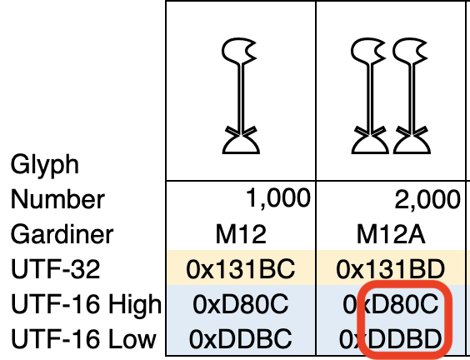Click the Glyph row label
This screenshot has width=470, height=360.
(x=45, y=164)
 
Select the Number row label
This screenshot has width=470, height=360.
(x=57, y=199)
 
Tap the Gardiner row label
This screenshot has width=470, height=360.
(x=62, y=234)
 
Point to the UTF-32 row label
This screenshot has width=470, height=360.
(x=56, y=269)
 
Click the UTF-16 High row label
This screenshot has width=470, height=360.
(x=87, y=304)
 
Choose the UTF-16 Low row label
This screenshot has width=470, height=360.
(x=83, y=339)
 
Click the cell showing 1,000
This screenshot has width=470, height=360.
(x=277, y=198)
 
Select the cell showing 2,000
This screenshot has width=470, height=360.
(x=427, y=199)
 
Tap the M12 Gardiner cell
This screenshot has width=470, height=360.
(x=241, y=234)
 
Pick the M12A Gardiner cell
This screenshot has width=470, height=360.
(x=391, y=234)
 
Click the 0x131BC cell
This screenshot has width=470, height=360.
(x=241, y=269)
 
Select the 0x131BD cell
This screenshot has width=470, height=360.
(x=391, y=269)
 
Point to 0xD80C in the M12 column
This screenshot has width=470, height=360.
(x=241, y=304)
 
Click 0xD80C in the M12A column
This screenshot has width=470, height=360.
(x=391, y=304)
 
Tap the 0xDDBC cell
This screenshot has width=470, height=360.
(x=241, y=339)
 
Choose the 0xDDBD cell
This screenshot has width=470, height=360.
(x=391, y=339)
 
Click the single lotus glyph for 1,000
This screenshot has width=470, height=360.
(x=241, y=96)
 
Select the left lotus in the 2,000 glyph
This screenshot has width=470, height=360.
(x=371, y=96)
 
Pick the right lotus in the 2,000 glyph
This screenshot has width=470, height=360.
(x=412, y=96)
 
